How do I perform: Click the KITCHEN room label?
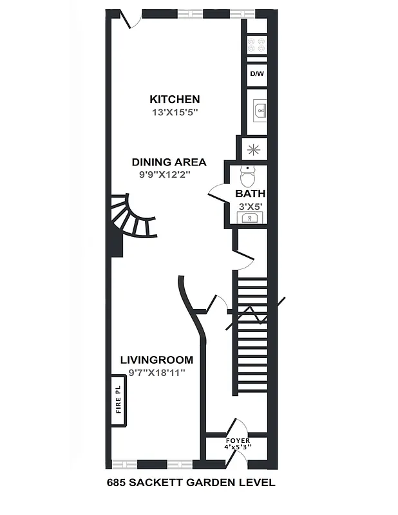pos(175,99)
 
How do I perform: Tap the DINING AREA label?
pos(169,162)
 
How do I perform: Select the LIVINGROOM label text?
pos(156,360)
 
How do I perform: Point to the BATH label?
pos(250,193)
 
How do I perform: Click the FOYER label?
pos(238,440)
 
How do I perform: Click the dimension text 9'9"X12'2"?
pos(165,174)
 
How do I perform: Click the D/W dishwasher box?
pos(256,74)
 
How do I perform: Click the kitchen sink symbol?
pos(258,111)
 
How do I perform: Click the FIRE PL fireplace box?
pos(118,400)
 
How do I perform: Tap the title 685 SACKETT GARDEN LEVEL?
pos(191,482)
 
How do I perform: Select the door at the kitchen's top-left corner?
pos(133,21)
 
